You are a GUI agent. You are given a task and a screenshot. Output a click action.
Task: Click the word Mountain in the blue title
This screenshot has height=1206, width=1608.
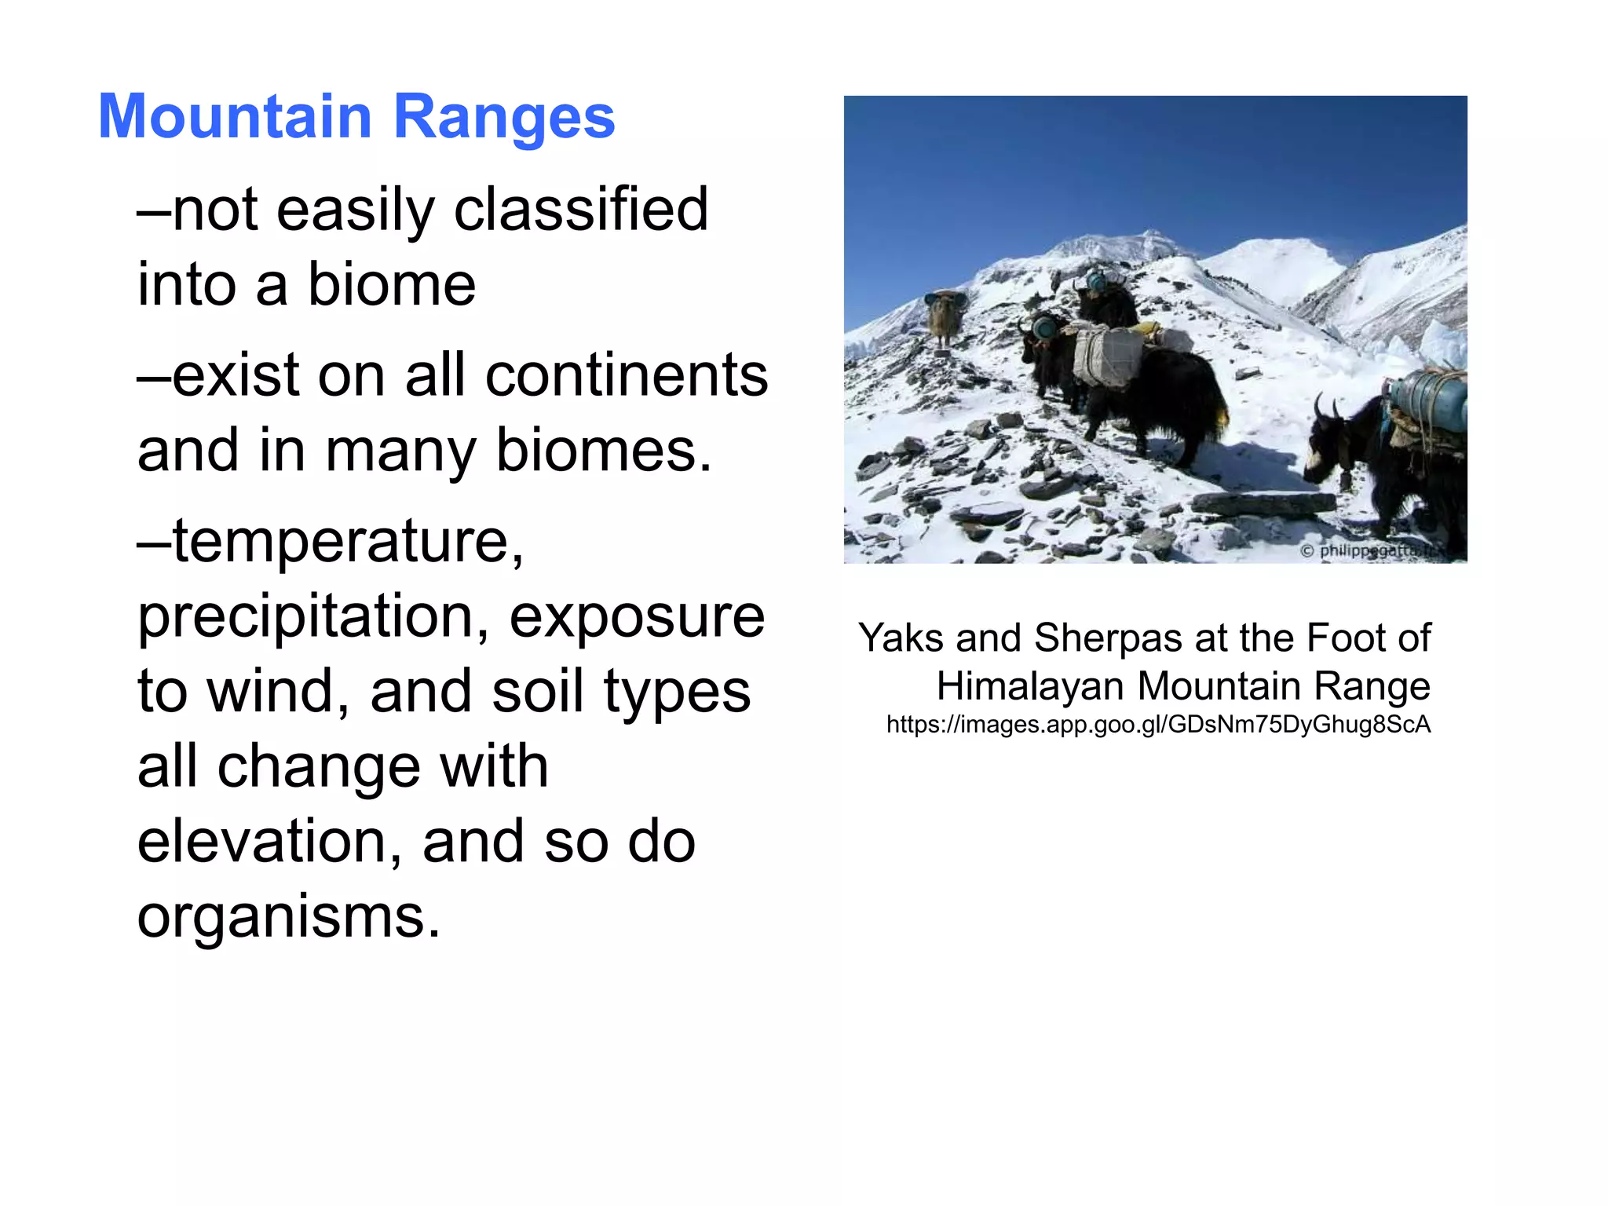point(235,117)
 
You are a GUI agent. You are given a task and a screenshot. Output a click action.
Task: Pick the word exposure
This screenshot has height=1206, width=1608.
point(637,617)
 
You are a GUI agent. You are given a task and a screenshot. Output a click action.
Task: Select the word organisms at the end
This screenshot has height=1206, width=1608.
point(288,916)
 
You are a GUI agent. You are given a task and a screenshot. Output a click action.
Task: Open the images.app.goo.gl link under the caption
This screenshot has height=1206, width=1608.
point(1158,724)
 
